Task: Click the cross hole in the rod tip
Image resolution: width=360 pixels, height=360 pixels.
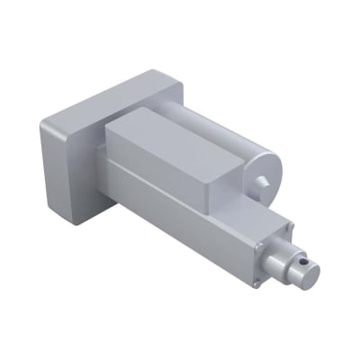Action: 307,262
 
